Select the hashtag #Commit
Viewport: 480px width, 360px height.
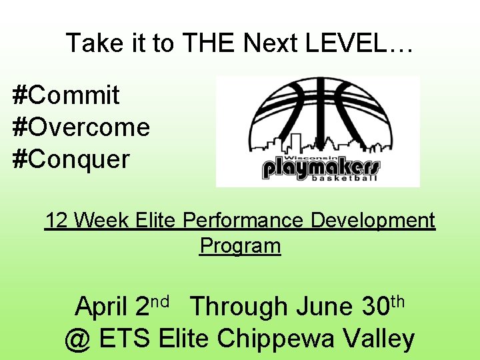click(x=66, y=95)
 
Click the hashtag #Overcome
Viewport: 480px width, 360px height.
click(x=81, y=127)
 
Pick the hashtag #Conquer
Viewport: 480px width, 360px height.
click(x=71, y=159)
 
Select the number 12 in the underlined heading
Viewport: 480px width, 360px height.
click(x=57, y=220)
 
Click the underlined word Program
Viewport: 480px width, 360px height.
click(x=240, y=245)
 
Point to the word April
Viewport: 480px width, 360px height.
click(x=102, y=307)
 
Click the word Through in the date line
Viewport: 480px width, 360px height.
click(x=239, y=307)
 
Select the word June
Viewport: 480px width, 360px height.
click(x=325, y=307)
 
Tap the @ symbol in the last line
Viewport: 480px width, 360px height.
click(x=78, y=339)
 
